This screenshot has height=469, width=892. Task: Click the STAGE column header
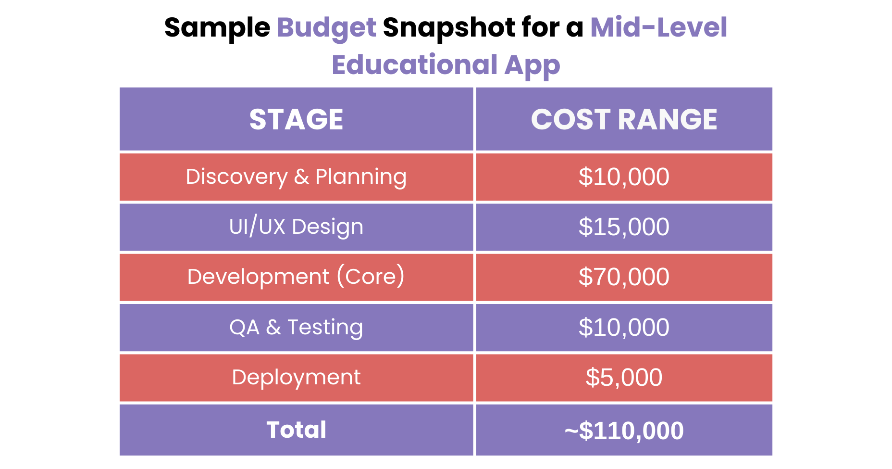[296, 119]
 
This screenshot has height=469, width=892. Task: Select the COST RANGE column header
[624, 119]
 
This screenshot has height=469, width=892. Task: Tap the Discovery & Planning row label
[296, 177]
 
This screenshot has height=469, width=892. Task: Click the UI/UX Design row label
[296, 227]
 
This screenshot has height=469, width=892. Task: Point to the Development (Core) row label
[296, 277]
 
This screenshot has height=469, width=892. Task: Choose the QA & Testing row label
[296, 328]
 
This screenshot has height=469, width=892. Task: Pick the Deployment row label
[296, 378]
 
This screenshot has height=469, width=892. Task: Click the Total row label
[296, 430]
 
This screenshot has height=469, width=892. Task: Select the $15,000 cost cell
[624, 227]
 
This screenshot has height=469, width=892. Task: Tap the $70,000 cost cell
[624, 277]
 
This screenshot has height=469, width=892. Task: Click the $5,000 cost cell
[624, 378]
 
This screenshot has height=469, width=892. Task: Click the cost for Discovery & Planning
[624, 177]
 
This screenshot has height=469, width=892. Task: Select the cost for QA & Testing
[624, 328]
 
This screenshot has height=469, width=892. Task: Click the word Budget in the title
[326, 28]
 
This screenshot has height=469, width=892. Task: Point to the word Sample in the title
[217, 28]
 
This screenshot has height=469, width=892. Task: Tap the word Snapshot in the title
[448, 28]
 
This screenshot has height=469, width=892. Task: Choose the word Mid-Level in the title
[658, 28]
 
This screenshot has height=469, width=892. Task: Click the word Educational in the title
[414, 65]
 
